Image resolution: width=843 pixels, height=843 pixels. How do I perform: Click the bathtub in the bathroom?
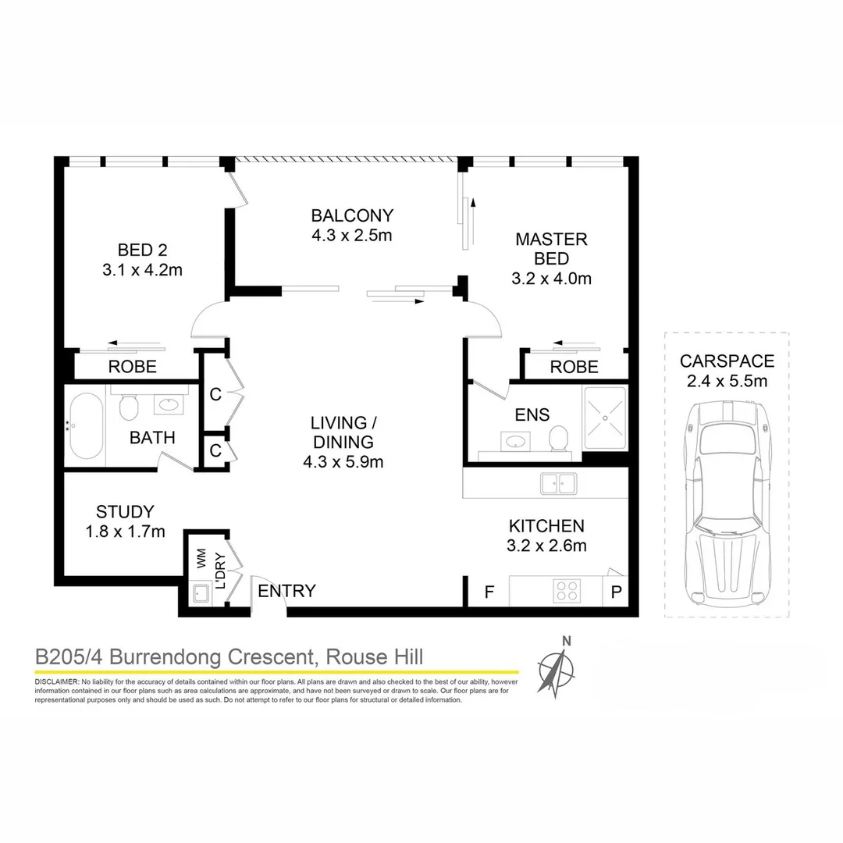[86, 426]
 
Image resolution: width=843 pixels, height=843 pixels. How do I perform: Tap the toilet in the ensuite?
[559, 438]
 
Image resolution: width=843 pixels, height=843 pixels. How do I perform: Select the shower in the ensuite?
[605, 418]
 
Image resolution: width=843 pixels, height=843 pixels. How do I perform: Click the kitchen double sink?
[558, 484]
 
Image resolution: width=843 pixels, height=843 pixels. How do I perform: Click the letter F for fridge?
[489, 592]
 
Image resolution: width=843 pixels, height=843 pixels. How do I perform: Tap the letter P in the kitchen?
[616, 592]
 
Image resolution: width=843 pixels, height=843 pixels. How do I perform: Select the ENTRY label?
[286, 591]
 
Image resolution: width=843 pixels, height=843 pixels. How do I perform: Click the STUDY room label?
[125, 512]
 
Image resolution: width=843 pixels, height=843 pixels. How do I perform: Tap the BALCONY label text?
[352, 215]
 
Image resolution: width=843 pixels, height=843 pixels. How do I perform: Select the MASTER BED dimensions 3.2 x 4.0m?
[551, 278]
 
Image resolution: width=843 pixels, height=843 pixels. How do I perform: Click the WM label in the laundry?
[201, 557]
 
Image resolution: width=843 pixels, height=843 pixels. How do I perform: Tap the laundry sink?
[201, 595]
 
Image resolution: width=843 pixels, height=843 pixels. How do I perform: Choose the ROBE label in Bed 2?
[132, 367]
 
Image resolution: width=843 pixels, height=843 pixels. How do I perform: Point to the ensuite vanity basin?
[516, 443]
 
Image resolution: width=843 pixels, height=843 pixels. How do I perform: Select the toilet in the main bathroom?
[129, 406]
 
